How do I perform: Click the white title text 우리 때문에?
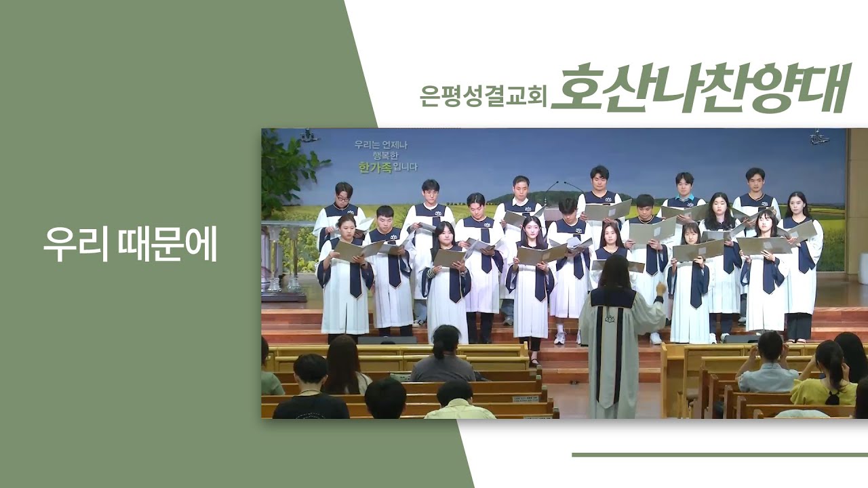point(130,243)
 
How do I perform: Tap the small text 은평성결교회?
point(484,96)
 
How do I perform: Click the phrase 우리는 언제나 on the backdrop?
point(381,145)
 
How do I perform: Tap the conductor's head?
point(614,271)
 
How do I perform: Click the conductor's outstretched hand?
point(661,288)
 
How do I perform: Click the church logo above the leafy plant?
point(308,135)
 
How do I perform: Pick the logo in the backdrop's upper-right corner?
point(818,138)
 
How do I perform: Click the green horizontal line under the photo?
point(719,455)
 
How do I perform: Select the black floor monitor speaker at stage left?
point(387,340)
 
